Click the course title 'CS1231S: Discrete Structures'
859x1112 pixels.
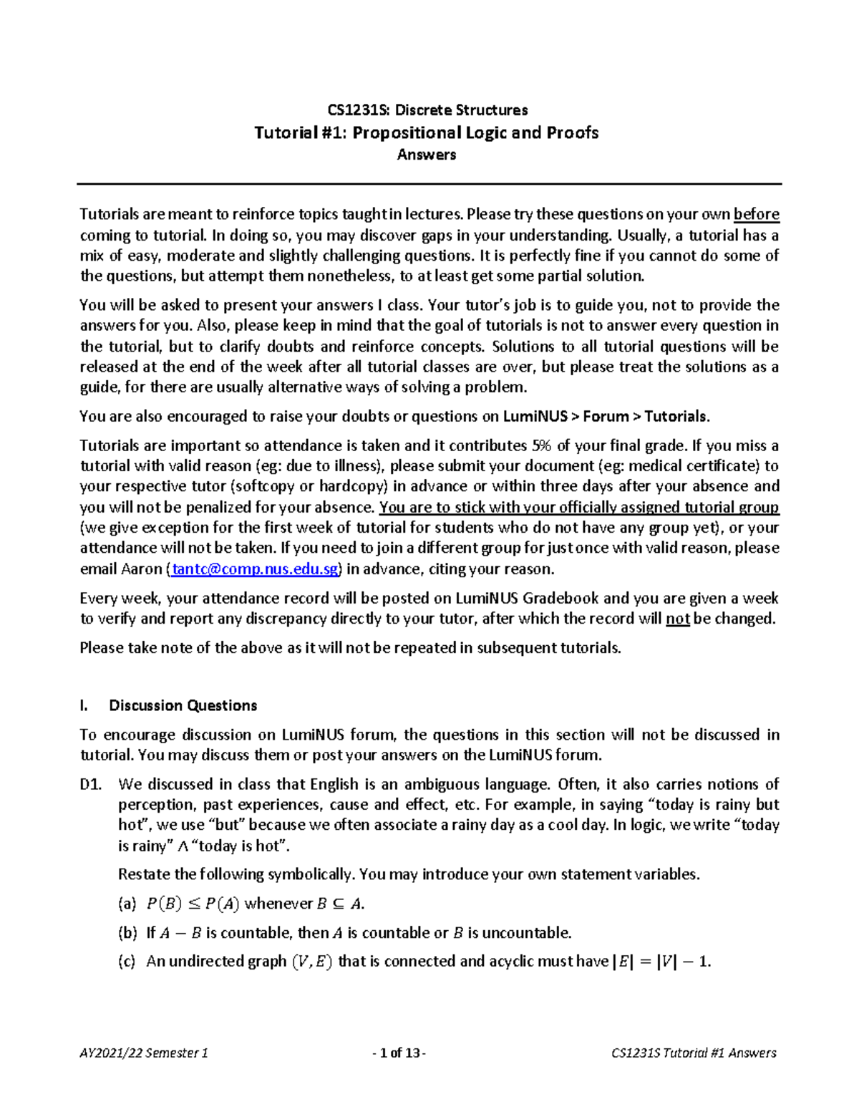tap(427, 110)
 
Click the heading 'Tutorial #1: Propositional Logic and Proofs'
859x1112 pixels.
tap(427, 132)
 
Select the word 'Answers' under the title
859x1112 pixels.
tap(427, 155)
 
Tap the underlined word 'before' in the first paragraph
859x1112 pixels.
tap(757, 214)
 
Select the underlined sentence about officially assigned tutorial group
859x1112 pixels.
tap(578, 508)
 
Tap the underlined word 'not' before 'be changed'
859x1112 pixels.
tap(677, 619)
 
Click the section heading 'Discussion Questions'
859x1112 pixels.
tap(183, 705)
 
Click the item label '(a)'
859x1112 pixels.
tap(127, 904)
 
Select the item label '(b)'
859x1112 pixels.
tap(127, 932)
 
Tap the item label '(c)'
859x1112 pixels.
tap(127, 961)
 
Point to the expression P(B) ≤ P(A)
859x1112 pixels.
tap(192, 904)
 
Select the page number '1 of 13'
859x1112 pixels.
tap(399, 1053)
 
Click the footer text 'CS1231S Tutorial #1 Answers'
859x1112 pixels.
tap(694, 1053)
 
